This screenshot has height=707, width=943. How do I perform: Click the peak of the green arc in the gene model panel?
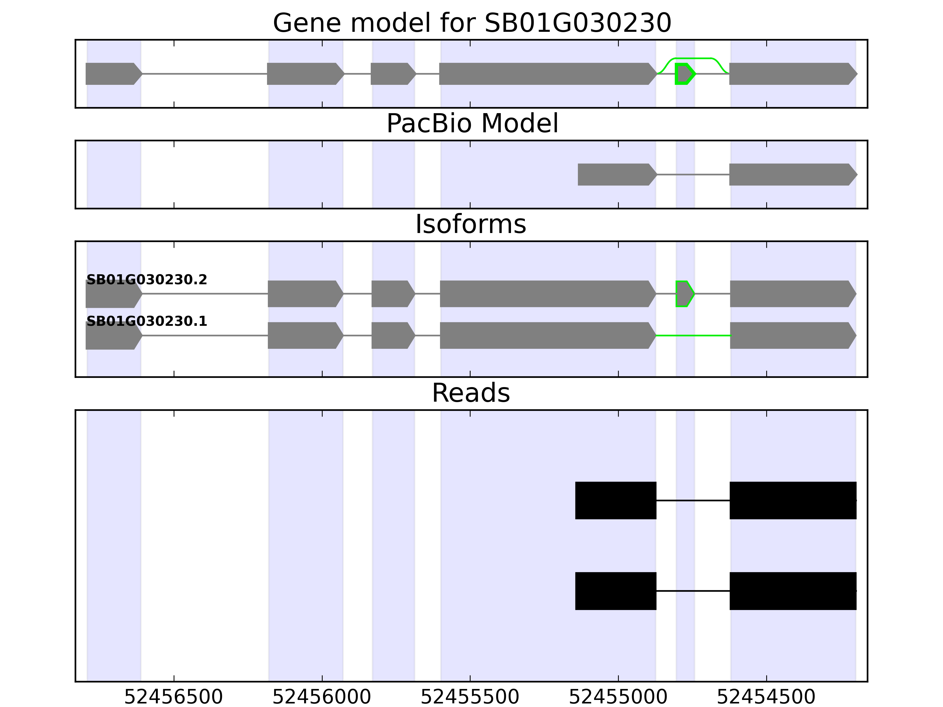693,58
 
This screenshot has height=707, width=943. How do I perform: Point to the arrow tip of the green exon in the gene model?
696,74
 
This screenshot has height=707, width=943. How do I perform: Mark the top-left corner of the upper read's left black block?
576,482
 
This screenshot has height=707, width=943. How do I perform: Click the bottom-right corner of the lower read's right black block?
856,610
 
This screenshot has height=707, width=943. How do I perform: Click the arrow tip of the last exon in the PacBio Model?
857,174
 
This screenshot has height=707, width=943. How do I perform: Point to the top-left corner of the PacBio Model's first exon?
578,164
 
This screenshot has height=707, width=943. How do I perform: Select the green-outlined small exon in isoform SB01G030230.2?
685,294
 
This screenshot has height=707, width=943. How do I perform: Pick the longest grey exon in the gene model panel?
548,74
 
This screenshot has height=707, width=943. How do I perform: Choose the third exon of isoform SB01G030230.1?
393,336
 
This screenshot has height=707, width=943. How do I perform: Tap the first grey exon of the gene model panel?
114,74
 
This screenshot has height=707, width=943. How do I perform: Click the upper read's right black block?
793,500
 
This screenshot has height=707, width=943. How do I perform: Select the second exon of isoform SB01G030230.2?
306,294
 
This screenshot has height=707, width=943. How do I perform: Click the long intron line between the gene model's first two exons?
205,74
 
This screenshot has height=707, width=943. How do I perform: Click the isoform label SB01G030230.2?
147,280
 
